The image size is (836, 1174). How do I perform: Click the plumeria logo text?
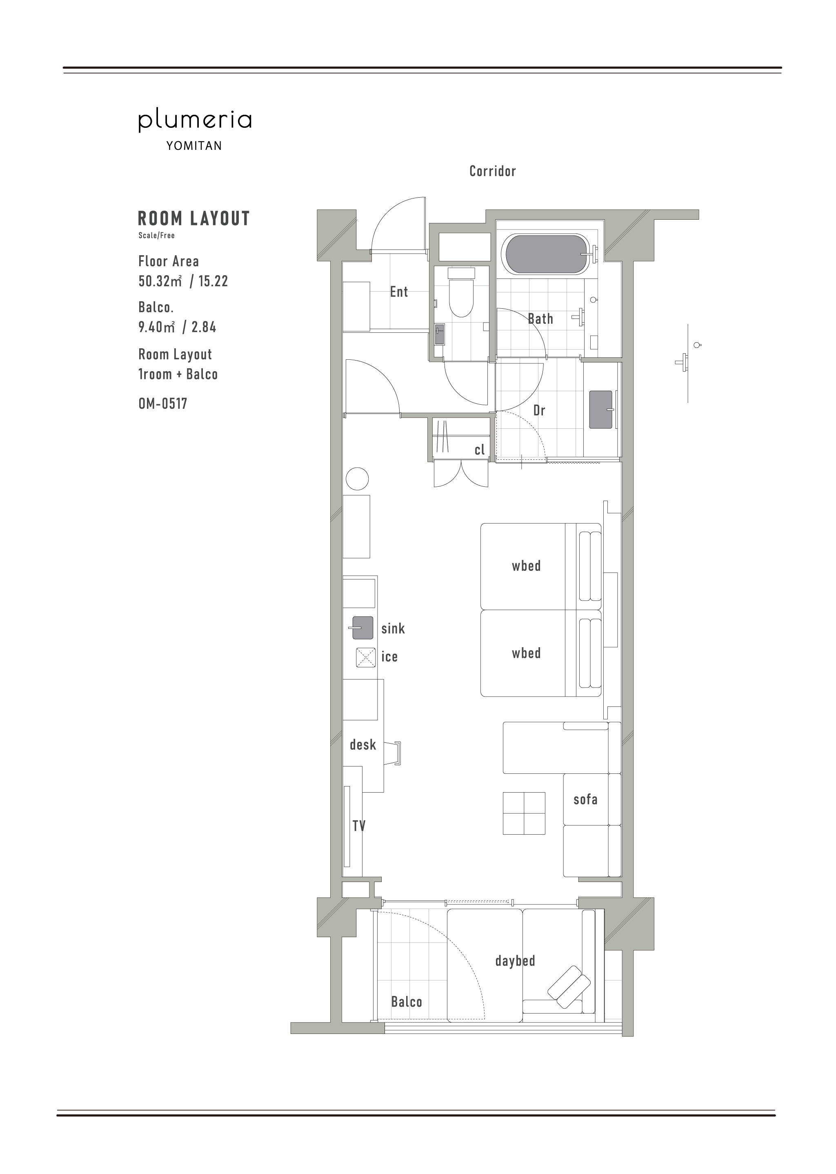195,120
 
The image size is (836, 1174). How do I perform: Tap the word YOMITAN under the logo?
194,146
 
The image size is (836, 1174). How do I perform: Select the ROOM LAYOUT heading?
193,218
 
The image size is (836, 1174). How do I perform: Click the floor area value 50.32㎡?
160,281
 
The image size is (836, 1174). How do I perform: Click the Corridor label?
492,171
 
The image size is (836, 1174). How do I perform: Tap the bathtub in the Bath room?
547,254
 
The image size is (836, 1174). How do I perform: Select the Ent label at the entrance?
399,292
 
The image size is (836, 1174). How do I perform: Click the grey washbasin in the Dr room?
601,409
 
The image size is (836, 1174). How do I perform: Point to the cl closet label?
480,450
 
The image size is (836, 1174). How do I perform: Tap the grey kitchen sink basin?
362,628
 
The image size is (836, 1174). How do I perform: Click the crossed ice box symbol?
365,657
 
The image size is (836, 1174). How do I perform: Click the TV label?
359,826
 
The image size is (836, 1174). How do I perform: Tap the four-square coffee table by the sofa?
524,813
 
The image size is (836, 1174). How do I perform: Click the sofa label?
585,799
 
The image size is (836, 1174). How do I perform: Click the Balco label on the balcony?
406,1002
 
